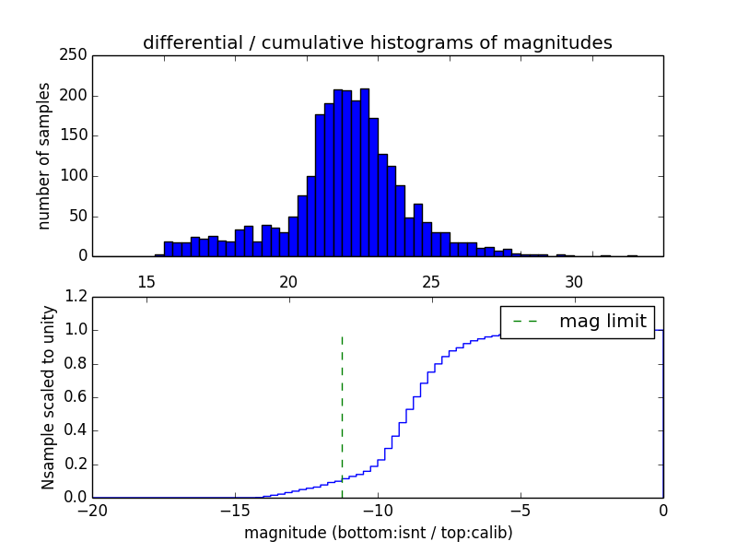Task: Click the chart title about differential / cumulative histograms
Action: tap(378, 42)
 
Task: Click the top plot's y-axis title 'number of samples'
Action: tap(44, 156)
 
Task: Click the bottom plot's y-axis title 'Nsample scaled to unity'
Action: tap(48, 396)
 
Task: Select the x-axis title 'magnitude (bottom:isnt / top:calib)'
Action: tap(378, 533)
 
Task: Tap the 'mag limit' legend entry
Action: tap(602, 321)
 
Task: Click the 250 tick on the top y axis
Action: tap(76, 55)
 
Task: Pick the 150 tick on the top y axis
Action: tap(76, 135)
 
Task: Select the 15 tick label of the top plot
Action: tap(146, 281)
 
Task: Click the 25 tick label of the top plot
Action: tap(431, 281)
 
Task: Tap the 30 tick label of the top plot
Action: tap(574, 281)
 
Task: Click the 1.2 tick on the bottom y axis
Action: tap(76, 297)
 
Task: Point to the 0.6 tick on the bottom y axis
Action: tap(76, 397)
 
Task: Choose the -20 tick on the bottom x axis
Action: tap(92, 510)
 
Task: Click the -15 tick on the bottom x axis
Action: tap(234, 510)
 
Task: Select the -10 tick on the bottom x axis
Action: tap(377, 510)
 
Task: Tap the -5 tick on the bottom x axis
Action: tap(521, 510)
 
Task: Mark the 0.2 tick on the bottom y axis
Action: tap(76, 464)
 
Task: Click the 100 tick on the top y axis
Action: tap(76, 176)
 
